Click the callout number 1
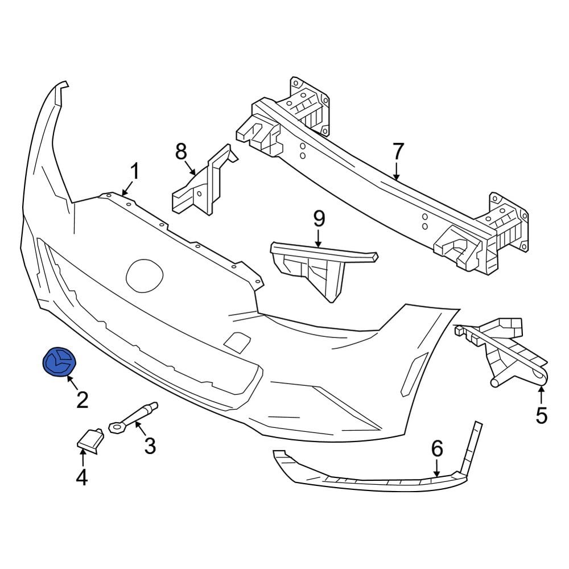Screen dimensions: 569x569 (x=134, y=171)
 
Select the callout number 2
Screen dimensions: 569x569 (x=83, y=400)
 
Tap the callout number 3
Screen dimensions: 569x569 (x=150, y=446)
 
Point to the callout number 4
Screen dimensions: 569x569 (x=82, y=476)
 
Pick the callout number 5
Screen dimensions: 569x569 (x=541, y=415)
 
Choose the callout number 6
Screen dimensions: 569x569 (x=436, y=449)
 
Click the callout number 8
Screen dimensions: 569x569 (x=181, y=152)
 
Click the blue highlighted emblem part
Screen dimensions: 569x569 (x=60, y=361)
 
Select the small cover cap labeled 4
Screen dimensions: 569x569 (x=89, y=439)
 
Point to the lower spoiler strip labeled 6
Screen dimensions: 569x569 (x=376, y=478)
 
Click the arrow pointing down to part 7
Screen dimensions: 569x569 (x=397, y=170)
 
